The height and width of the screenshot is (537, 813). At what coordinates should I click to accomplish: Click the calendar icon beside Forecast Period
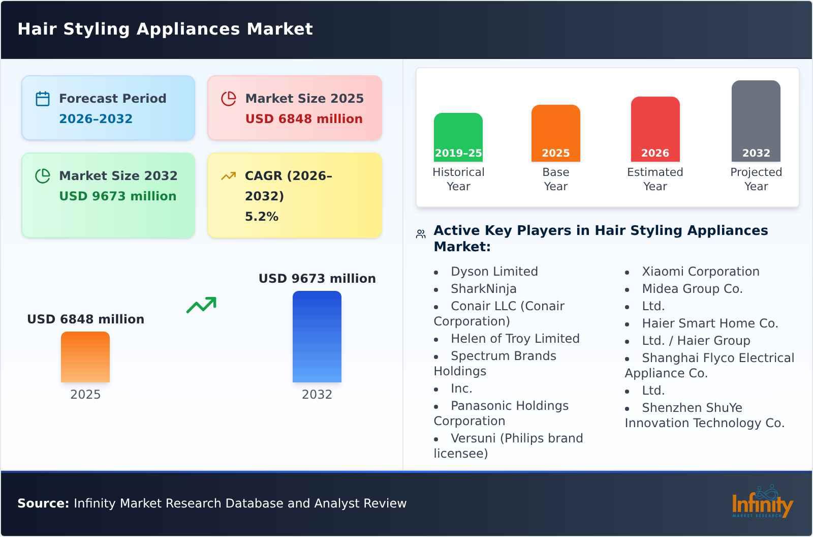point(43,99)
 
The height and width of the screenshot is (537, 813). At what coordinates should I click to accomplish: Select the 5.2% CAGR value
point(261,217)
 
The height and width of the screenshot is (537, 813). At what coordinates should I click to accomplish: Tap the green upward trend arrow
point(201,305)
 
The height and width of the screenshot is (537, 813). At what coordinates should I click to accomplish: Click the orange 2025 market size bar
point(85,357)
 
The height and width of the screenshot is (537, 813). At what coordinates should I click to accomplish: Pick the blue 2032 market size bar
point(317,337)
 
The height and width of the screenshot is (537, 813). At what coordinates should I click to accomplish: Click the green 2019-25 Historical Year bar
point(458,137)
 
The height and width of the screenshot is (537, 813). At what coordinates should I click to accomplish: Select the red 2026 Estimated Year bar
point(655,129)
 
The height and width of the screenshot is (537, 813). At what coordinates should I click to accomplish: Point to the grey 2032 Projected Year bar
point(756,121)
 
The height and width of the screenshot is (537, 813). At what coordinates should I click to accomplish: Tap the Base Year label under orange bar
point(555,179)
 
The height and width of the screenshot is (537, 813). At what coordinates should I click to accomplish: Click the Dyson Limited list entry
point(494,272)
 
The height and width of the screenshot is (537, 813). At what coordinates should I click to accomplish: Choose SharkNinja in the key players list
point(483,289)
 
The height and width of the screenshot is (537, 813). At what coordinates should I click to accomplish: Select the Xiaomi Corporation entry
point(700,272)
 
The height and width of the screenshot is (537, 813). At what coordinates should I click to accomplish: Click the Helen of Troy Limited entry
point(515,339)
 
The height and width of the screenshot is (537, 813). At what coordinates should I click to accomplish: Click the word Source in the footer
point(43,503)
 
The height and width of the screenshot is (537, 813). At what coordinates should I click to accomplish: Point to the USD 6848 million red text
point(304,119)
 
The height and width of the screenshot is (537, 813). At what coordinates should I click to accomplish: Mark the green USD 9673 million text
point(117,196)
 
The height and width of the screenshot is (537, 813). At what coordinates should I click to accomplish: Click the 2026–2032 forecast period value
point(96,119)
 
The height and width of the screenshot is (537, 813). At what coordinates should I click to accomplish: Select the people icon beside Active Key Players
point(421,234)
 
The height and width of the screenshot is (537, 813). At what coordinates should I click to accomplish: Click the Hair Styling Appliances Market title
point(165,29)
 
